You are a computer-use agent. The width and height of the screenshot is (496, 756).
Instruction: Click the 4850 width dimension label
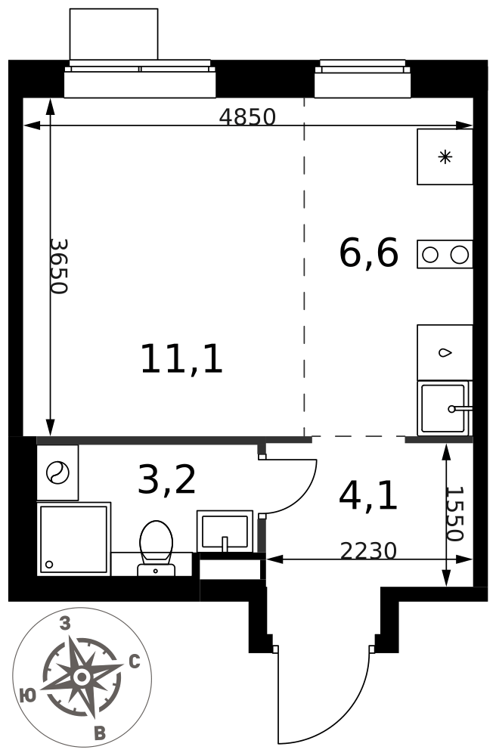point(247,116)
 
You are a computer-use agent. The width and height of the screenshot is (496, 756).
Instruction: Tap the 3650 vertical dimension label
point(59,266)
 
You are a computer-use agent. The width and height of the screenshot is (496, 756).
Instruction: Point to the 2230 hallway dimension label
point(368,550)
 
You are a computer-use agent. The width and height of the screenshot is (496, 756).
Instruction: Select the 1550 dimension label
point(454,514)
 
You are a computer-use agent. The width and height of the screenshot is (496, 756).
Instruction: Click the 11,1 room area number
point(181,359)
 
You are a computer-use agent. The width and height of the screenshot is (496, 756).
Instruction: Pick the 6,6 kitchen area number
point(369,253)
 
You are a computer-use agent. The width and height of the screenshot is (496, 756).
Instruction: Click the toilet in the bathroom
point(157,548)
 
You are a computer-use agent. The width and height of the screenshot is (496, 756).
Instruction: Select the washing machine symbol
point(58,472)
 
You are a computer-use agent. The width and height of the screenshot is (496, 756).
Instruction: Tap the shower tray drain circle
point(48,564)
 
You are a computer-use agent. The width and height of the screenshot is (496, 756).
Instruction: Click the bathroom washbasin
point(225,531)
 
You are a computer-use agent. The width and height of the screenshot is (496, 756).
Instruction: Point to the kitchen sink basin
point(445,408)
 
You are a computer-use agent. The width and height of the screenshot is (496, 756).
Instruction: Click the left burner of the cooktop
point(430,254)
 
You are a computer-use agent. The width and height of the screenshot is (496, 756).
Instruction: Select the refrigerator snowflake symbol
point(445,156)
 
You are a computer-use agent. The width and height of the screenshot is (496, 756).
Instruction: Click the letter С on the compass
point(135,662)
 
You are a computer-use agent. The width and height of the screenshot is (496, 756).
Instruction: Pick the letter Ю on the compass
point(29,695)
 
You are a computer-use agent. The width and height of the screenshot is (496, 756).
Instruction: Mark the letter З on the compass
point(64,624)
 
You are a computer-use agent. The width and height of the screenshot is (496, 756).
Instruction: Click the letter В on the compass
point(100,734)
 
